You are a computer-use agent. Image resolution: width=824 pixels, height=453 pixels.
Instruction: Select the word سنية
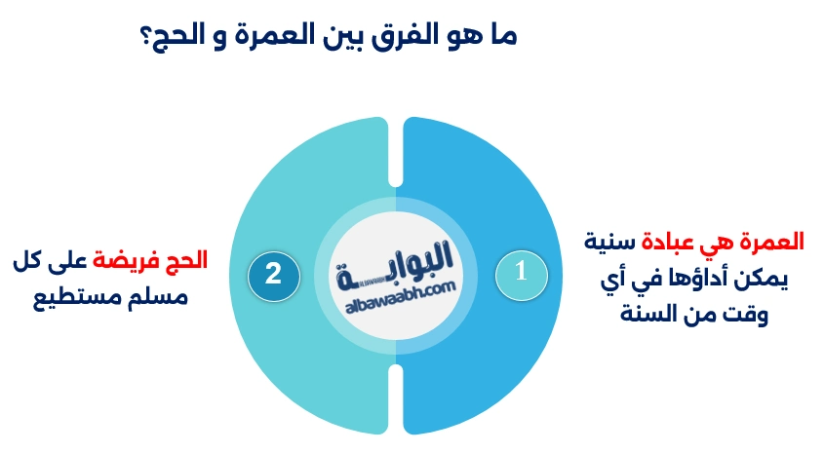pos(610,241)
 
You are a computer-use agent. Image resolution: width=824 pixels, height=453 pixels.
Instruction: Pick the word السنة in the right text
pos(659,316)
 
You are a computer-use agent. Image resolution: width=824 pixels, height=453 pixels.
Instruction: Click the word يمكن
pos(769,279)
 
